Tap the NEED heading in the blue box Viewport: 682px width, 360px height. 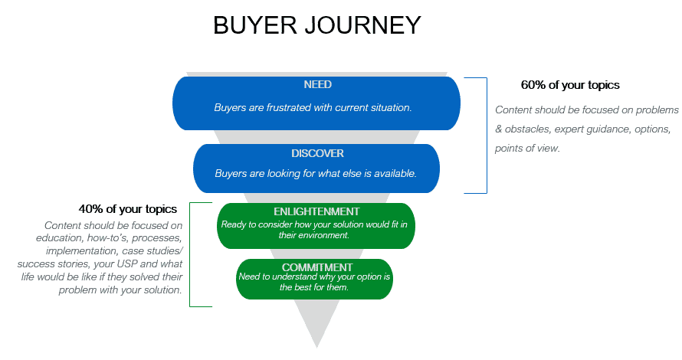(317, 84)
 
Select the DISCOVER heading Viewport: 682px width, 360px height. (317, 153)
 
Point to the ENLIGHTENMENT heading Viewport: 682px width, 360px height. (316, 211)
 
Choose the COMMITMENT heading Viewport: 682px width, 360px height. (315, 267)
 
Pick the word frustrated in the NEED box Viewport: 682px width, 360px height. (286, 108)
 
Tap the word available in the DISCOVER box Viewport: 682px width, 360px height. (393, 174)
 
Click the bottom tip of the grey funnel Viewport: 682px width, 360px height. (316, 346)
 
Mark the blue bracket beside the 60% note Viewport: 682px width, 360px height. (486, 135)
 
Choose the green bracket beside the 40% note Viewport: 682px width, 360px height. (190, 254)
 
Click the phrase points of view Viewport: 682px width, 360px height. (527, 148)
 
